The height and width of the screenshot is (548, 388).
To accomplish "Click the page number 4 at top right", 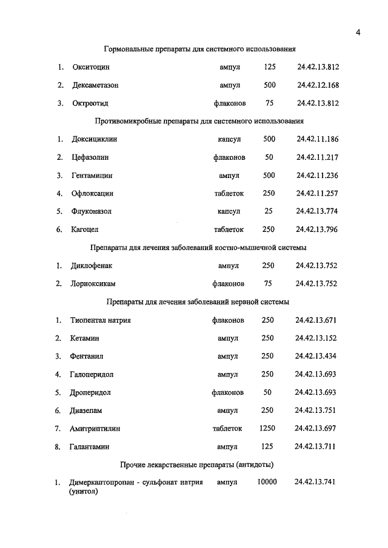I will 358,33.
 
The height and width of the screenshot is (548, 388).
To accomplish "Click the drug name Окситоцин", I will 92,67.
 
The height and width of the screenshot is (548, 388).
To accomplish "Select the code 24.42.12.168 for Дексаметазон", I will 318,85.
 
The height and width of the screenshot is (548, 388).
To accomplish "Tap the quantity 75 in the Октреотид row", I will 269,103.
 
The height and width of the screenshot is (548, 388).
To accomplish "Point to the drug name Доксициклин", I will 94,139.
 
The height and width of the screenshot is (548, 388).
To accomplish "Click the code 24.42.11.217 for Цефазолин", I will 317,157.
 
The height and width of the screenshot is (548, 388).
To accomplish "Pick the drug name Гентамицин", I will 92,176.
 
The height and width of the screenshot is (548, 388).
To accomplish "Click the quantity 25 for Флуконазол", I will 269,211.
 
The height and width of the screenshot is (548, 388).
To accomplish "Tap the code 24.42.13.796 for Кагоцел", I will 316,229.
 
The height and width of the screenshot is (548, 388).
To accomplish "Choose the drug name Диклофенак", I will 92,265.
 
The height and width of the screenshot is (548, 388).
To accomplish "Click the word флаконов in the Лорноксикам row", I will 228,283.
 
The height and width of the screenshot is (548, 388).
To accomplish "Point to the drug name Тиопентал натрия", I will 101,320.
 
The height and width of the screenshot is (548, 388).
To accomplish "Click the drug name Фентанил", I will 89,356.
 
